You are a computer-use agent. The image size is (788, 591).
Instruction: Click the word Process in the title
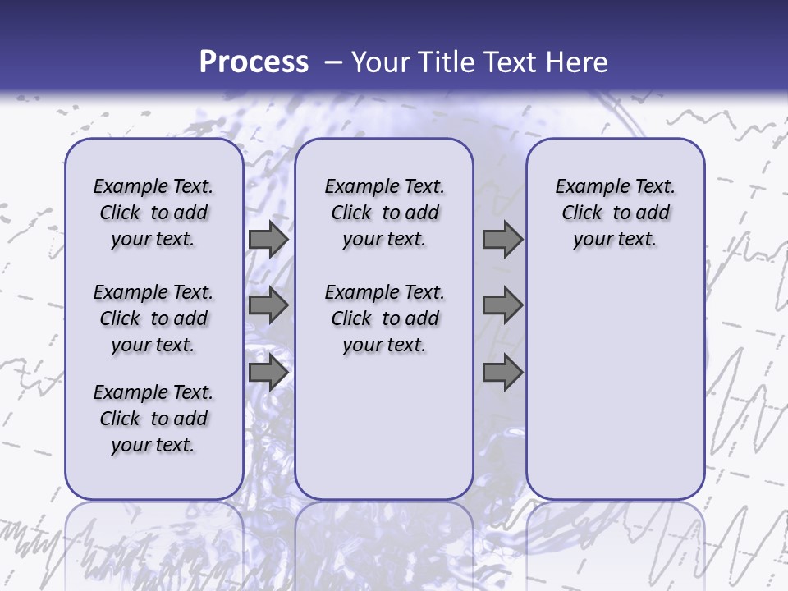point(254,62)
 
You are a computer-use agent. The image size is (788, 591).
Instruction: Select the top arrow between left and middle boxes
point(268,240)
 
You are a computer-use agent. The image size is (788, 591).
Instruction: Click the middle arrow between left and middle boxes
point(268,305)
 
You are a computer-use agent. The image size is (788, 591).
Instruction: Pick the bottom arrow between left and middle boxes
point(268,373)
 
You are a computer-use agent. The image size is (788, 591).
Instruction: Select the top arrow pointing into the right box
point(502,240)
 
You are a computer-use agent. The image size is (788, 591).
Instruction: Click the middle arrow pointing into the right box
point(502,305)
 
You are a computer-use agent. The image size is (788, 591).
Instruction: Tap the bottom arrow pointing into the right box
point(502,373)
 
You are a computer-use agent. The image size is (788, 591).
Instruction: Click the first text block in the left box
point(153,213)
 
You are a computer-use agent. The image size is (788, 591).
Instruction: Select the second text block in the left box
point(153,318)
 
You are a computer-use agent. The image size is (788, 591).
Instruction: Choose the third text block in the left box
point(153,419)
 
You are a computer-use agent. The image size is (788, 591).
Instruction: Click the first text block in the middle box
point(384,213)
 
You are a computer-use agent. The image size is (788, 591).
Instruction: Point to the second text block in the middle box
point(384,318)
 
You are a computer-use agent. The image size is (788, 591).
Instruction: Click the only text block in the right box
point(615,213)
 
